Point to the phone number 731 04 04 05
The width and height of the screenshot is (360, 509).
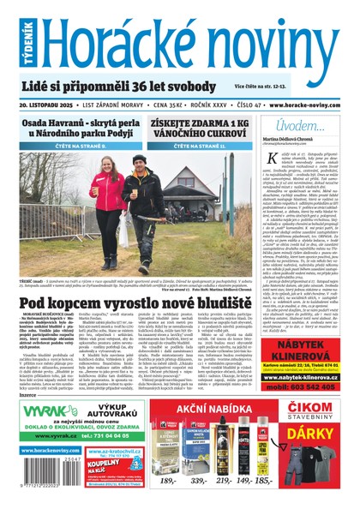tap(80, 437)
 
